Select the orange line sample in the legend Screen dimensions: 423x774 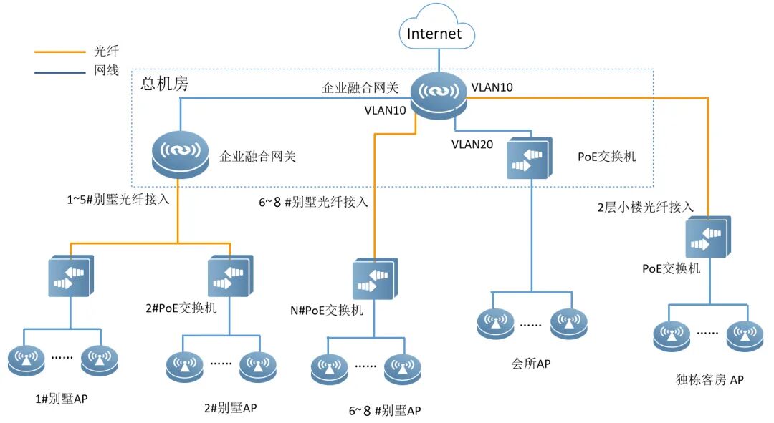[x=59, y=52]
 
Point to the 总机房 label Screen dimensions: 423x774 [x=164, y=84]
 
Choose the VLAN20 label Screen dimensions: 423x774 [x=472, y=144]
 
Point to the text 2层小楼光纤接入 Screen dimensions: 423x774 [x=646, y=207]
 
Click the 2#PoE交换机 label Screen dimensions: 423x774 [x=181, y=308]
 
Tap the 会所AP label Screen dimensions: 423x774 [x=531, y=364]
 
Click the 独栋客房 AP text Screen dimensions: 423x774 [x=709, y=380]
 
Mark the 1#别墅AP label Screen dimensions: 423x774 [x=62, y=398]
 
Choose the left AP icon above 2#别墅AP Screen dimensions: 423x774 [x=185, y=368]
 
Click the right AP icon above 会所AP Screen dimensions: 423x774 [x=568, y=324]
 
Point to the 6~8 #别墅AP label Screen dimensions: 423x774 [x=385, y=410]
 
